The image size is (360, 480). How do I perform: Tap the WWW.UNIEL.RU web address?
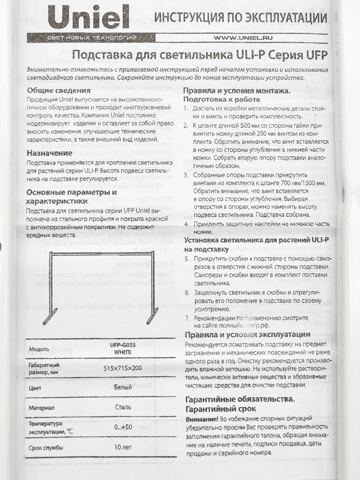pos(243,38)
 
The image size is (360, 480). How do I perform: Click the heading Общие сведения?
pos(59,90)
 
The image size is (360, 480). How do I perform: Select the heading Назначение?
pos(50,153)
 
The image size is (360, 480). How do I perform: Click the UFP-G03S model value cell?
pos(123,349)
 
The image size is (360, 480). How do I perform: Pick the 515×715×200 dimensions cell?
pos(123,368)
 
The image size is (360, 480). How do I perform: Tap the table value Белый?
pos(123,387)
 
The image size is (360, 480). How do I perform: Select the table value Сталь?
pos(123,407)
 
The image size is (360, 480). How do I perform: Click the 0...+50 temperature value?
pos(123,427)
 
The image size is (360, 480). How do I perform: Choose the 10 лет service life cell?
pos(123,447)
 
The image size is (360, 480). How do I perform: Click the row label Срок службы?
pos(46,448)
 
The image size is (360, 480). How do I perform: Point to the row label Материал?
pos(42,408)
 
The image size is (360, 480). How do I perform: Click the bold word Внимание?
pos(202,419)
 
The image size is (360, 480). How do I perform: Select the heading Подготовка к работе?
pos(222,99)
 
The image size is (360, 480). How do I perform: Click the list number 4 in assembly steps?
pos(187,224)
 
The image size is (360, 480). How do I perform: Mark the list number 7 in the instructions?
pos(187,318)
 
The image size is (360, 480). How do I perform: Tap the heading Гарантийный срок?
pos(221,409)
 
